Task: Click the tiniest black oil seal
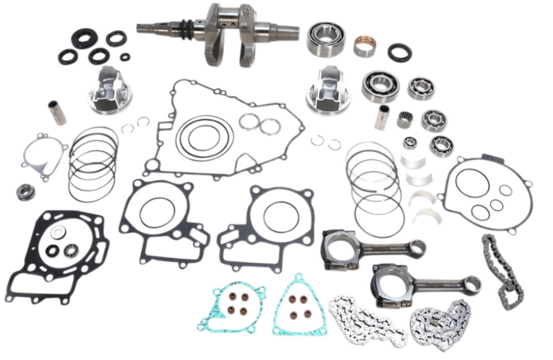(125, 57)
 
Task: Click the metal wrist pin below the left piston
(57, 113)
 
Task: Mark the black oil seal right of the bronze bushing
(400, 53)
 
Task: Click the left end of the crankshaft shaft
(143, 27)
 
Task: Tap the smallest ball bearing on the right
(410, 143)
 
